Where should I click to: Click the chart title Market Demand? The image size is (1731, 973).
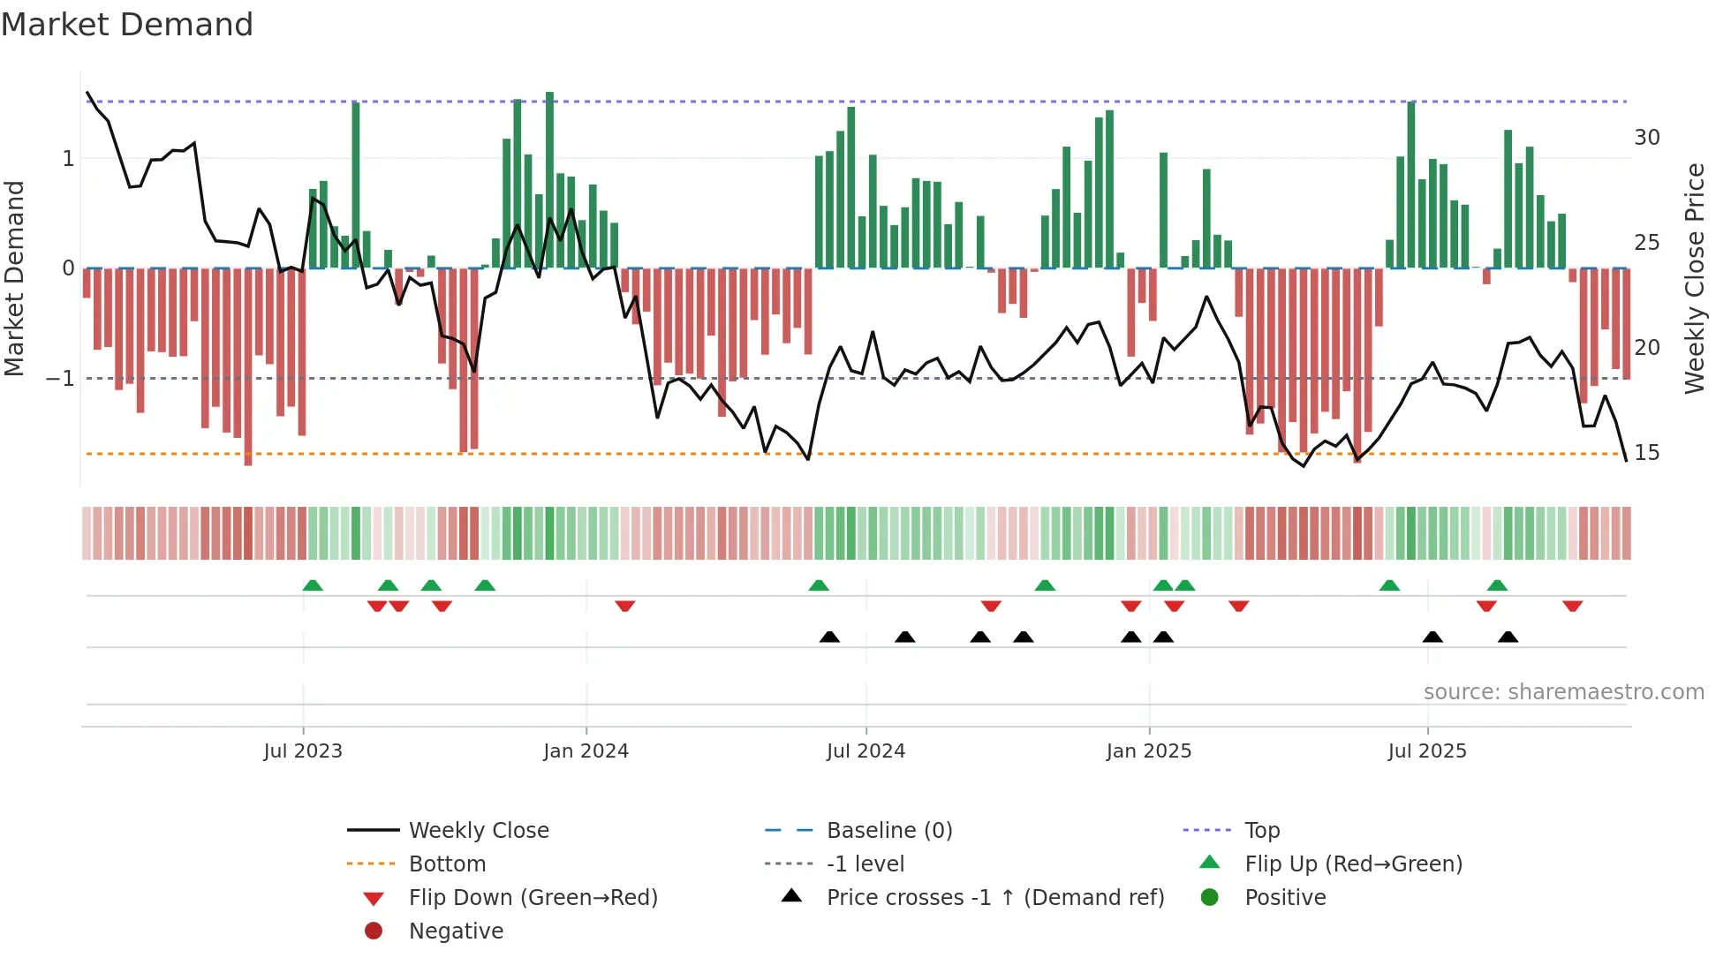tap(127, 25)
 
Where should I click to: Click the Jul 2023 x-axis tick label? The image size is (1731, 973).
tap(302, 751)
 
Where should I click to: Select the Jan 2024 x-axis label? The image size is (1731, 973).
tap(586, 751)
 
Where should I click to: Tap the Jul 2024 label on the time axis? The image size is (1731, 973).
tap(865, 751)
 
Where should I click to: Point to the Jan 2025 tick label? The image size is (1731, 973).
tap(1148, 751)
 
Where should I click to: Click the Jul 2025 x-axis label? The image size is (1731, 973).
tap(1426, 751)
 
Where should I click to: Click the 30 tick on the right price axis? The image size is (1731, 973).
tap(1646, 138)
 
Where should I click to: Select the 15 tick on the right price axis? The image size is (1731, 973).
tap(1646, 453)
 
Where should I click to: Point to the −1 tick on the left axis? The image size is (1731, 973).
tap(60, 379)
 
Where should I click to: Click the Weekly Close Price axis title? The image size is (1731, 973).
tap(1694, 278)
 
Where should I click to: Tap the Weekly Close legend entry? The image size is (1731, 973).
tap(478, 831)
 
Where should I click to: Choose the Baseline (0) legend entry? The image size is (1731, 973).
tap(888, 831)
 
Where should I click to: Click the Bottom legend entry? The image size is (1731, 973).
tap(447, 864)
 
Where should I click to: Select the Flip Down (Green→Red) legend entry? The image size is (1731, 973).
tap(533, 898)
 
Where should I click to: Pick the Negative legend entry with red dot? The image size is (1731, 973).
tap(456, 932)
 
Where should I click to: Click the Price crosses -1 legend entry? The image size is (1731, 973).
tap(994, 898)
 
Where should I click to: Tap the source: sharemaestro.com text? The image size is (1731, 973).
tap(1563, 692)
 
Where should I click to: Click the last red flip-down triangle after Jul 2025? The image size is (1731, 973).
tap(1572, 606)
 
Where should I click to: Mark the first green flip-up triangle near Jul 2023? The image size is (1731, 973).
tap(313, 585)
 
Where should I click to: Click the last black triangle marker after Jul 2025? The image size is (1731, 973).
tap(1508, 637)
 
